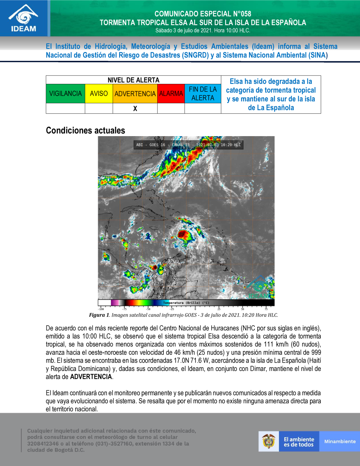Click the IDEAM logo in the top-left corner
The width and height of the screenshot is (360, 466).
click(23, 18)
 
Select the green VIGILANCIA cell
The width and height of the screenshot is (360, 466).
click(66, 94)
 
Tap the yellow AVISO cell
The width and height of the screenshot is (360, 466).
click(99, 94)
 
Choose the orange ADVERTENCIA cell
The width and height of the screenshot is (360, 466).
click(135, 94)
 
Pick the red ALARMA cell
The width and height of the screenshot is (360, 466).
click(171, 94)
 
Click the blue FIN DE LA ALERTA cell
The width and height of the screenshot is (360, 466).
click(203, 94)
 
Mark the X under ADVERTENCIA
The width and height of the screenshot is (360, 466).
click(135, 108)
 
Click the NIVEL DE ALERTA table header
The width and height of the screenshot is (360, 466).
click(133, 80)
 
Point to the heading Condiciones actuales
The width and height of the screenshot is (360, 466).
click(85, 130)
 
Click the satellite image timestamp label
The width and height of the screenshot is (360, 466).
click(188, 145)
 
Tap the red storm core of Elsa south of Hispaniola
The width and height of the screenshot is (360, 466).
click(184, 235)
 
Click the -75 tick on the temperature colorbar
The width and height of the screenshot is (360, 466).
click(124, 309)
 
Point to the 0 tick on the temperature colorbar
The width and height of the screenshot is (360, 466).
click(195, 309)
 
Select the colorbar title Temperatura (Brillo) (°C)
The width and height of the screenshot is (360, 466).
click(186, 303)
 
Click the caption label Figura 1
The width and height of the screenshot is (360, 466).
click(99, 315)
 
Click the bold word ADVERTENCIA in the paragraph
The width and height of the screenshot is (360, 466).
click(91, 377)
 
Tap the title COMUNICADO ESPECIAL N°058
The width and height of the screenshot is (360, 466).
click(203, 14)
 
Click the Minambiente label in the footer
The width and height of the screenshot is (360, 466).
click(339, 442)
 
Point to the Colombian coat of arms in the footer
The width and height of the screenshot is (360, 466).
click(269, 441)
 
